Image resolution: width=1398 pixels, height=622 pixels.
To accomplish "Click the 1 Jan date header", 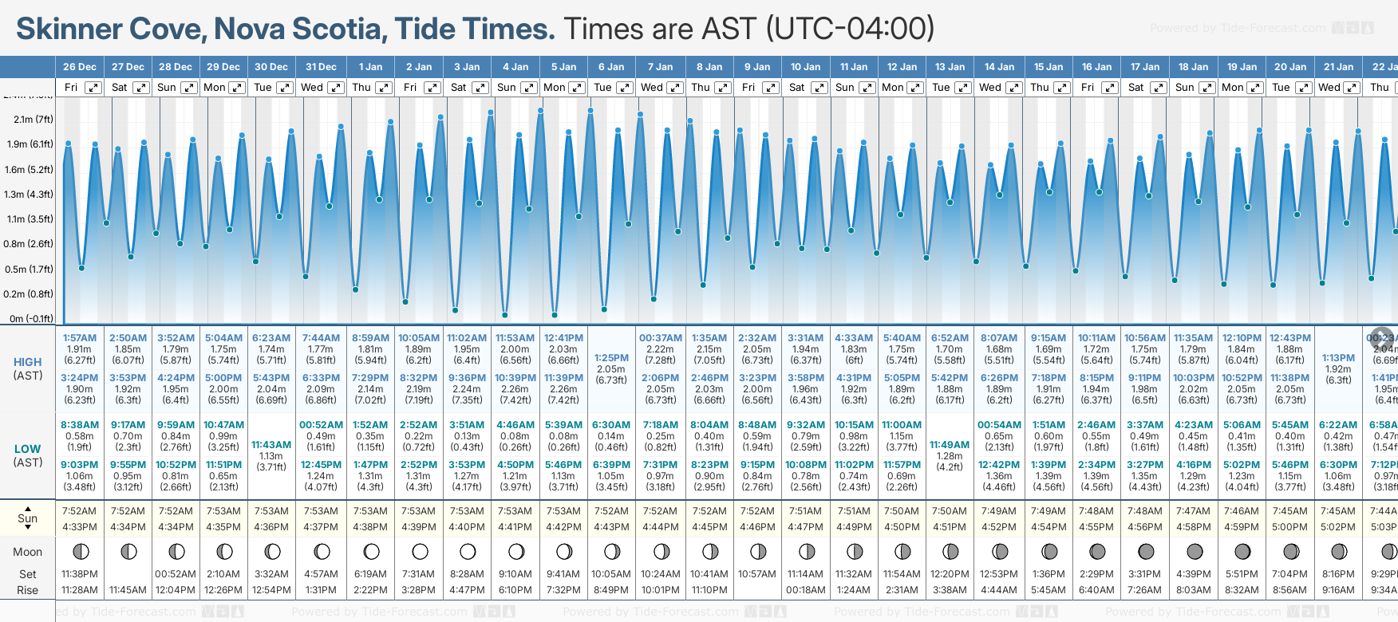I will pos(370,67).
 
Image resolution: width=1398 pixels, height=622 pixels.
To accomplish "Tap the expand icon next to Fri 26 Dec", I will pos(93,88).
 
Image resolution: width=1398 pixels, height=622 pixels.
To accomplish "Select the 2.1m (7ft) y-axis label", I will pos(33,120).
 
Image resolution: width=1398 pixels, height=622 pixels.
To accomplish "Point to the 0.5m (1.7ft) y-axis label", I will pos(29,269).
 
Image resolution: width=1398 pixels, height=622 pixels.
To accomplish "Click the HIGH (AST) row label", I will pos(28,368).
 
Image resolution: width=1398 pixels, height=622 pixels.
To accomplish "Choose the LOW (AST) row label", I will pos(28,455).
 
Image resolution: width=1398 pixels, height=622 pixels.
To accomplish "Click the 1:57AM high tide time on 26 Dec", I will pos(80,338).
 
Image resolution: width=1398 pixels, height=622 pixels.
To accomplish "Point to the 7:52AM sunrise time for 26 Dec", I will pos(80,511).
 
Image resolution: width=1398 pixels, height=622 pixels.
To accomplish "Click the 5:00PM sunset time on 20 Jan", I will pos(1289,527).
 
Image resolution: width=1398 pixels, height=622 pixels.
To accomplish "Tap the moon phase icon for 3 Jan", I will pos(468,551).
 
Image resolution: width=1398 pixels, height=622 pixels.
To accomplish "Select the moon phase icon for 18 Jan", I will pos(1195,551).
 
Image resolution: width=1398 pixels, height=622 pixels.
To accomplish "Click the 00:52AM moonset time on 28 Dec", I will pos(176,574).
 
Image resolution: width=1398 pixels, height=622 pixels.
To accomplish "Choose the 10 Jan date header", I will pos(805,67).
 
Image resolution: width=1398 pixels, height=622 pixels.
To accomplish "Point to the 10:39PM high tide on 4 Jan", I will pos(515,378).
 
